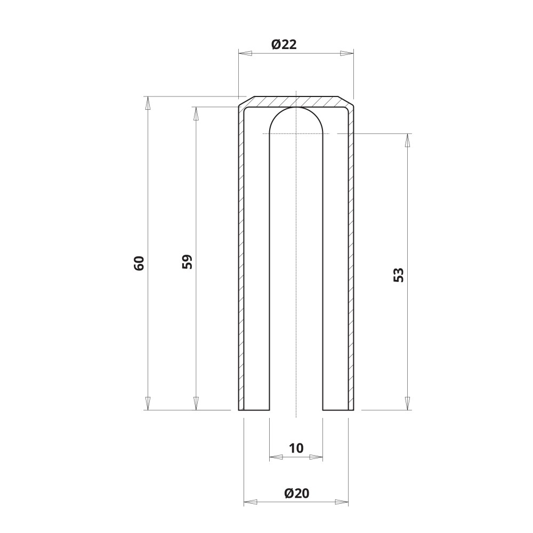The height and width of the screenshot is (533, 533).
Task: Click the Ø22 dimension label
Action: coord(284,44)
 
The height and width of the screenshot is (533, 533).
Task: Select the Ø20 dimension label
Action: coord(297,493)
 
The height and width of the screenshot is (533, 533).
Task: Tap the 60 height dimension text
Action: coord(139,263)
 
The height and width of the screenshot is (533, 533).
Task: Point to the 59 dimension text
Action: coord(187,261)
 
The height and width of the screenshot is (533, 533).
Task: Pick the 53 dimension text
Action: coord(398,275)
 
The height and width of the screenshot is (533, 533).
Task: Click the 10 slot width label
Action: coord(296,448)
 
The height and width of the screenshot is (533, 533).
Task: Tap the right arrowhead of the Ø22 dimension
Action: coord(347,53)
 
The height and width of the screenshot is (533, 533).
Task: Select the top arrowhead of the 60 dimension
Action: coord(148,103)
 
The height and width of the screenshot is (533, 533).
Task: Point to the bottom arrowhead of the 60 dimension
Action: coord(148,403)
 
